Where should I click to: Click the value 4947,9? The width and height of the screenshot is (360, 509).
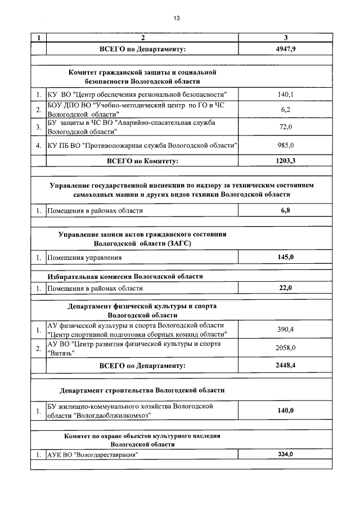point(286,49)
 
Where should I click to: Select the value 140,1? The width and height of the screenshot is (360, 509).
point(286,94)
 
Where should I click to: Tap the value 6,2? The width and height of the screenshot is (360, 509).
point(286,109)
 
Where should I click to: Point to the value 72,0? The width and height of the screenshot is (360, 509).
point(286,127)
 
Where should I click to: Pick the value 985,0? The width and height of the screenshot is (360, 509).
point(286,145)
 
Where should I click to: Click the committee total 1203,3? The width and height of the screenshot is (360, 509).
point(286,161)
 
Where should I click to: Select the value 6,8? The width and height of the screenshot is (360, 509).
point(286,210)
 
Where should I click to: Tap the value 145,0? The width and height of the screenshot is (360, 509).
point(286,257)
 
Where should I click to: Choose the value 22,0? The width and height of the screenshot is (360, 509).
point(286,288)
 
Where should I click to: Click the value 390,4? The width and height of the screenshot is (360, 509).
point(286,330)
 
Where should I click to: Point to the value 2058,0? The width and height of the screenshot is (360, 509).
point(286,348)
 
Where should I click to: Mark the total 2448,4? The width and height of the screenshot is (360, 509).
point(286,365)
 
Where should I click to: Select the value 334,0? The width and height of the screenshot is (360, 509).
point(286,454)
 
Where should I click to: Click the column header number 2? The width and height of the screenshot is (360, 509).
point(143,38)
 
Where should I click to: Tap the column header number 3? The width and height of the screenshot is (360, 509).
point(286,38)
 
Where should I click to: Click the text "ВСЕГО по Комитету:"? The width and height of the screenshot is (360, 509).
point(142,161)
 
